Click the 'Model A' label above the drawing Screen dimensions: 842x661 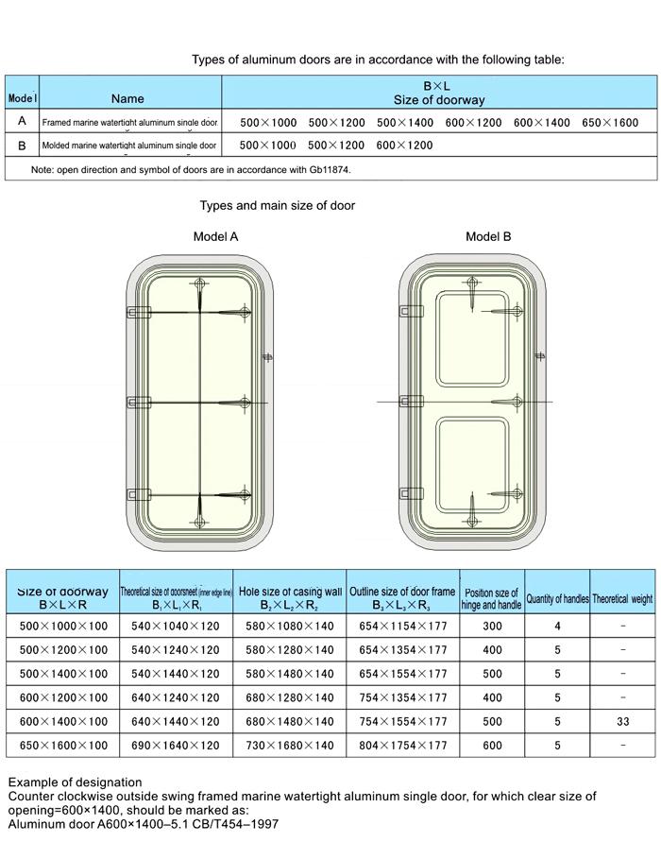point(215,236)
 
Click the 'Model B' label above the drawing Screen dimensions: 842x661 point(488,236)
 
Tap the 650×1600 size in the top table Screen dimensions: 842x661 point(610,123)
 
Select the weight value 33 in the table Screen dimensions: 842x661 point(622,721)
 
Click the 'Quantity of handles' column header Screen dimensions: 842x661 point(557,599)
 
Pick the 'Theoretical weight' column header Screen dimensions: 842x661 point(622,599)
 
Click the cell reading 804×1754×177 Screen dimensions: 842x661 point(403,745)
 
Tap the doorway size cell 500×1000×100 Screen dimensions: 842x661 point(63,626)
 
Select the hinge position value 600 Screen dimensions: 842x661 point(492,745)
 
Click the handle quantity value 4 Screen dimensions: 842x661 point(557,626)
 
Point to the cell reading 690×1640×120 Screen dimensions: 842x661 point(176,745)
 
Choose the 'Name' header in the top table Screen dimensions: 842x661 point(127,98)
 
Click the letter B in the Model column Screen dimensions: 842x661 point(22,146)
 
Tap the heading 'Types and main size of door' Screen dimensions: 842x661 point(277,205)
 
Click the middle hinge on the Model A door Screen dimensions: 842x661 point(138,403)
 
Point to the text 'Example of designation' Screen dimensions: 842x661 point(75,782)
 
